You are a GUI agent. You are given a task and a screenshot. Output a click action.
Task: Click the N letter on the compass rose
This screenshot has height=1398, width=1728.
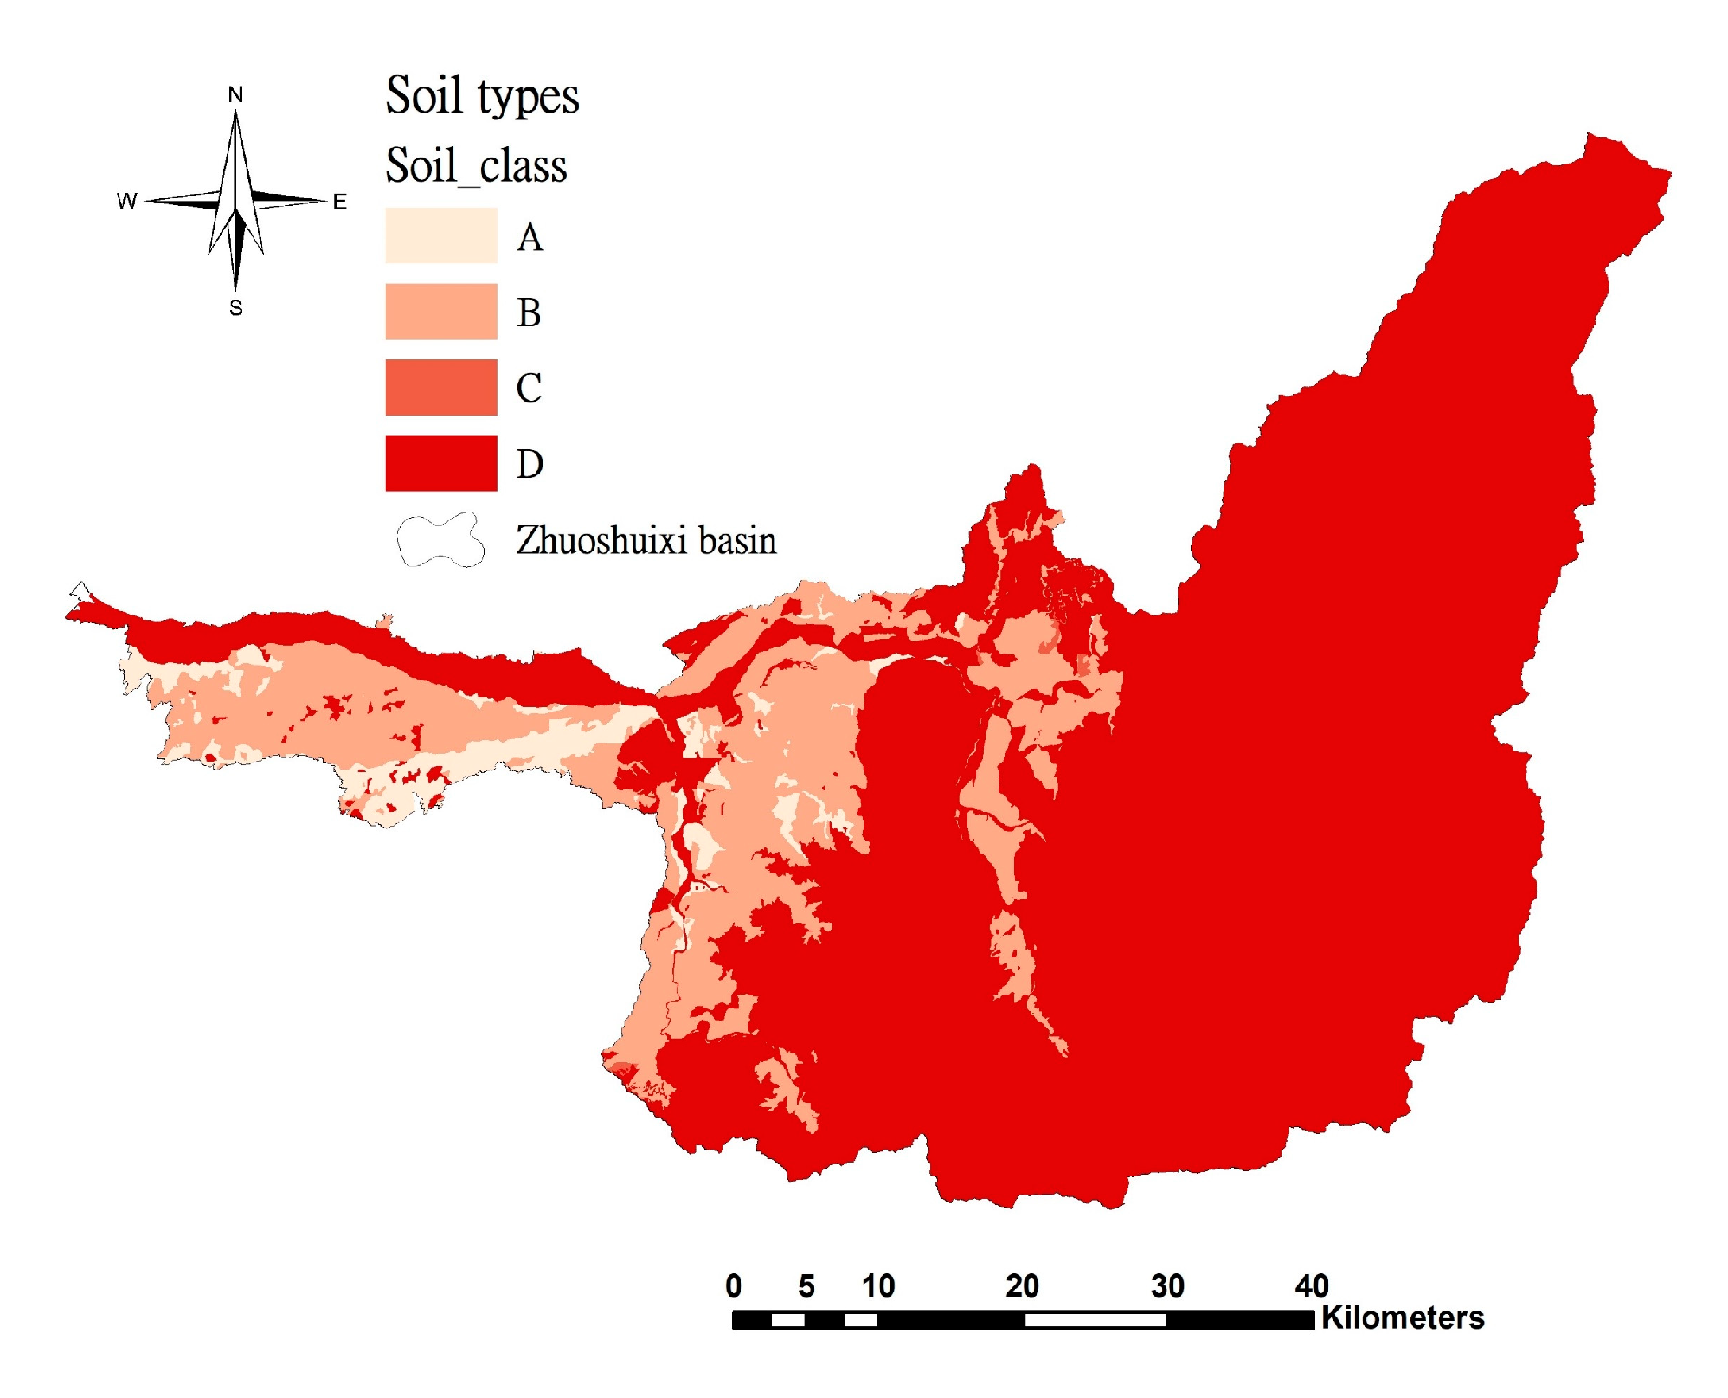coord(235,94)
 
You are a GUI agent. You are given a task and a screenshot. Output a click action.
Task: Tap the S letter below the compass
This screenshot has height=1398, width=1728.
coord(235,308)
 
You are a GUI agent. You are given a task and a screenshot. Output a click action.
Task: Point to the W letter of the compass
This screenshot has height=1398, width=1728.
coord(126,202)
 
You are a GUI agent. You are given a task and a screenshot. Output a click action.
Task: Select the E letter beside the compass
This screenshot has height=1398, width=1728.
coord(340,202)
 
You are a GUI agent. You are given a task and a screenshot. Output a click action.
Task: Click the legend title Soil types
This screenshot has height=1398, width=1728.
coord(482,96)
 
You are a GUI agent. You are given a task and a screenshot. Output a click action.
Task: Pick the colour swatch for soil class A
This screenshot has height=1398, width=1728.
coord(441,235)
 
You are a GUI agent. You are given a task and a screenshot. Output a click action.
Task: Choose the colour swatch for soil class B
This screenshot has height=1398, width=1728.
coord(441,312)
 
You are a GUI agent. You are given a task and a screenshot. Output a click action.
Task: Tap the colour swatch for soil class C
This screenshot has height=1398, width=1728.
coord(441,387)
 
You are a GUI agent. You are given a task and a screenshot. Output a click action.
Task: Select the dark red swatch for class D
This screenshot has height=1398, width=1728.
coord(441,463)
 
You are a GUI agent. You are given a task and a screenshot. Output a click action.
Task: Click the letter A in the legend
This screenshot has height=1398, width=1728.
coord(530,237)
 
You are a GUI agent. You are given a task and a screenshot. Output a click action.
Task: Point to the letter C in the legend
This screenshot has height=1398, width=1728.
coord(529,388)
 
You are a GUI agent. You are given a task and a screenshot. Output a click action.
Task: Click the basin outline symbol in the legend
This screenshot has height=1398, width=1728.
coord(440,540)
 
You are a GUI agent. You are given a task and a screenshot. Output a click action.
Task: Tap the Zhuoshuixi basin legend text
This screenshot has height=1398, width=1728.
coord(646,540)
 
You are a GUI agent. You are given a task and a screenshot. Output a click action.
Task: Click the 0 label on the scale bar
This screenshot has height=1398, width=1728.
coord(734,1286)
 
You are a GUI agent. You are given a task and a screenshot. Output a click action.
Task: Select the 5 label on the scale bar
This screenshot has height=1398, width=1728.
coord(806,1286)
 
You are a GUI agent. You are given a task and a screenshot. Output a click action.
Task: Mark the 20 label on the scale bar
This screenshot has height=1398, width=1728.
coord(1022,1286)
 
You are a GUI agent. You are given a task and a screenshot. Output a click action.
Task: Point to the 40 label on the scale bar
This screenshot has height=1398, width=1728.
coord(1312,1286)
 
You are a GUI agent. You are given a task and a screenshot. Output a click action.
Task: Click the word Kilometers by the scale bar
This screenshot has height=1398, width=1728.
coord(1403,1318)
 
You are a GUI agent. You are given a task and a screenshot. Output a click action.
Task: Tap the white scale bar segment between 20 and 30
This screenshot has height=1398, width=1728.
coord(1095,1320)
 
